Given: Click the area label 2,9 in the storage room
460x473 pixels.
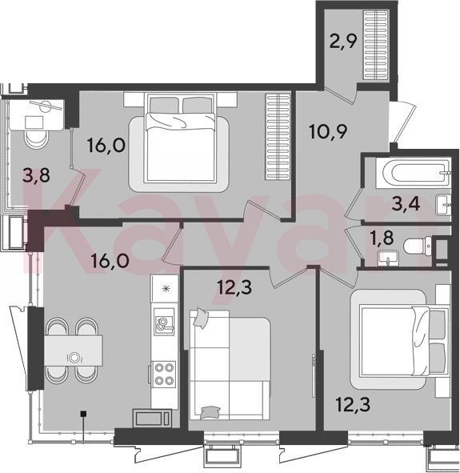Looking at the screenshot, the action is click(343, 42).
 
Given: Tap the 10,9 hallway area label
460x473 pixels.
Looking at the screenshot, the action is click(329, 131).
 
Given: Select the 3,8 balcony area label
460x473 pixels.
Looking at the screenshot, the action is click(37, 175).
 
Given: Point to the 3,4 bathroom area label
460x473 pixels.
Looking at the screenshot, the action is click(406, 204).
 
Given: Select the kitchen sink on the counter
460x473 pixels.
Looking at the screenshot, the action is click(164, 322).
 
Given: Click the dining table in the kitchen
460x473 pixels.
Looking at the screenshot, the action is click(74, 351).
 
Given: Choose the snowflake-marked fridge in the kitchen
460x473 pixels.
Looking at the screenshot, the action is click(165, 288).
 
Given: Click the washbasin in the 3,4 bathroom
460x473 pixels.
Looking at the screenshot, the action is click(444, 205).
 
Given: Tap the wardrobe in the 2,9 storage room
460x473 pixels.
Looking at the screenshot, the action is click(375, 45).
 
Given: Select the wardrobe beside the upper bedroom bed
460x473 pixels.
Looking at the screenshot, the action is click(278, 137).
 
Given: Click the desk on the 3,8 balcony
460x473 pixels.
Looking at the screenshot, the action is click(37, 115).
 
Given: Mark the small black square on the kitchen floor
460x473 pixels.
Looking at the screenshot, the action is click(84, 413).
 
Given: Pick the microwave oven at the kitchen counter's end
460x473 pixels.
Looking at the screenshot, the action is click(152, 419).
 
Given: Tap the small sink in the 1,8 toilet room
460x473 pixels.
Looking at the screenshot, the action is click(387, 259).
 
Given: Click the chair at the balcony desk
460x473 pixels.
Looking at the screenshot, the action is click(36, 139).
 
